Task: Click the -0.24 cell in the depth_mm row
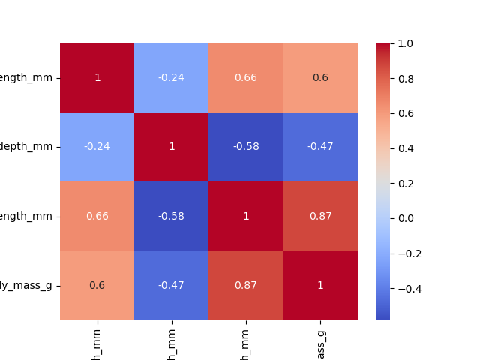97,147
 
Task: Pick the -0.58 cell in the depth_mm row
246,147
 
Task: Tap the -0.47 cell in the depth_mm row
320,147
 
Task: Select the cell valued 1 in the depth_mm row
172,147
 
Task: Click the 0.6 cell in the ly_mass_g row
97,285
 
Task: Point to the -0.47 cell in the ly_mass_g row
172,285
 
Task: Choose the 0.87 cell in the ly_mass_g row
246,285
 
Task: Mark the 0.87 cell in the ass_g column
320,216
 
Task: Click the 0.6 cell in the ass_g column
320,78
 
